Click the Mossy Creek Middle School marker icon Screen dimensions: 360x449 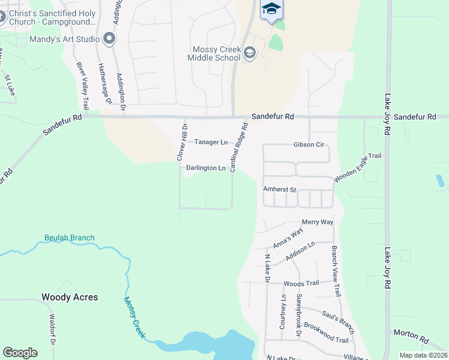point(250,55)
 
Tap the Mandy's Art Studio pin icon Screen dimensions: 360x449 point(109,40)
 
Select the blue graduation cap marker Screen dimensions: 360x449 point(271,9)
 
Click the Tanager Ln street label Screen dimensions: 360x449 point(211,142)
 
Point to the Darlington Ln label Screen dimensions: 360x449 point(205,169)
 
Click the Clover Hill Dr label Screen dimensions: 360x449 point(182,141)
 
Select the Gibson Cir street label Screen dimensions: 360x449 point(309,145)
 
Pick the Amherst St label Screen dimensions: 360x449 point(280,189)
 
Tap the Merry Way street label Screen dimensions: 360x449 point(318,222)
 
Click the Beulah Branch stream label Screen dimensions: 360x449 point(69,238)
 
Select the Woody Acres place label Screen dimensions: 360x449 point(70,297)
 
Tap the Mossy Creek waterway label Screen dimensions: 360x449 point(134,318)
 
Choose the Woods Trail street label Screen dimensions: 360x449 point(301,283)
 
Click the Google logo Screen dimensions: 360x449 point(20,353)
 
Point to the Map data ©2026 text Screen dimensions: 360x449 point(423,355)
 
